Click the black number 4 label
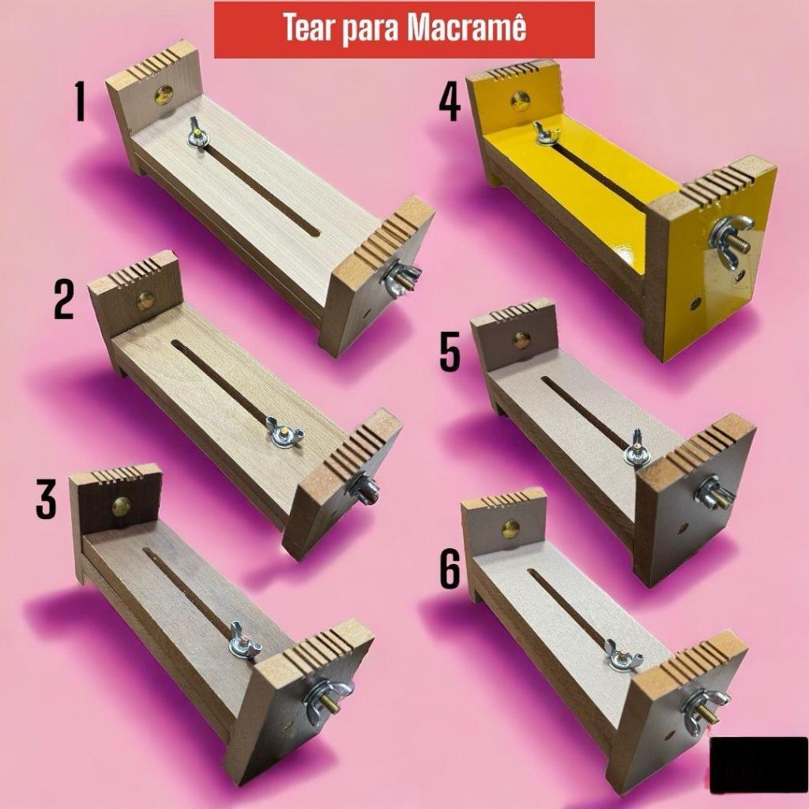(x=450, y=103)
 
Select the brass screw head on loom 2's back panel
(x=145, y=301)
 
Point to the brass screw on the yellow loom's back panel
(x=520, y=100)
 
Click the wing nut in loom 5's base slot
(x=637, y=450)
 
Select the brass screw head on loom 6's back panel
(x=512, y=529)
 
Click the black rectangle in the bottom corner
(x=758, y=765)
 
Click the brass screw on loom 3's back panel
(x=121, y=507)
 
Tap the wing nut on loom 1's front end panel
(x=401, y=279)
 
